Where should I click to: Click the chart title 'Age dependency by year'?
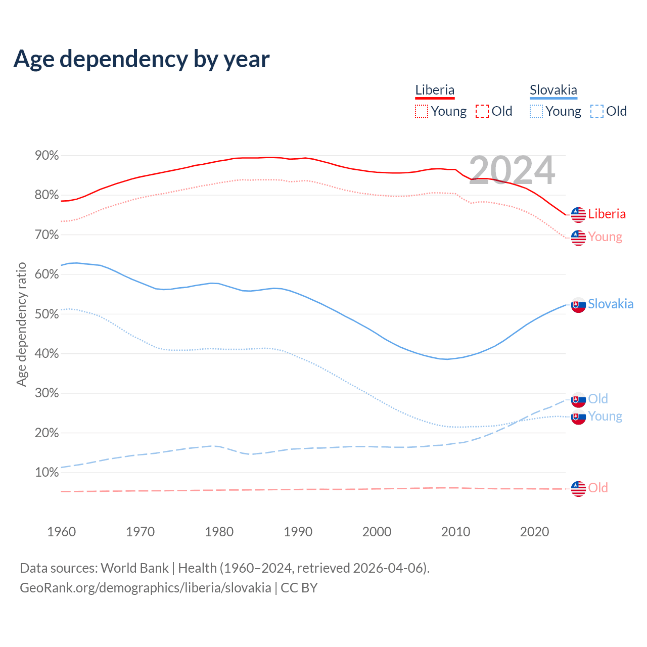[142, 59]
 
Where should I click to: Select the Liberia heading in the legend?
[435, 90]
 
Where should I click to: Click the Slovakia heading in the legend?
[553, 90]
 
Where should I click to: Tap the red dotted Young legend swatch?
[422, 111]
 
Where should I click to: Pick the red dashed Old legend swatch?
[482, 111]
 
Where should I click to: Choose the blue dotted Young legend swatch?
[536, 111]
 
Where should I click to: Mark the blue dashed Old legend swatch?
[597, 111]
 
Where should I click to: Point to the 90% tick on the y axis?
[47, 156]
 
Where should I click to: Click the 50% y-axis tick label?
[47, 314]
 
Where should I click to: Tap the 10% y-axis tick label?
[47, 473]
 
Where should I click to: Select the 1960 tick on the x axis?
[61, 532]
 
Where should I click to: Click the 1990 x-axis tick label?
[298, 532]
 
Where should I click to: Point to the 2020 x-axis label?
[534, 532]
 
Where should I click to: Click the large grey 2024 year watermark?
[512, 170]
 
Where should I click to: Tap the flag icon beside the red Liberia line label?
[578, 214]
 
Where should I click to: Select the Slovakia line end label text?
[611, 304]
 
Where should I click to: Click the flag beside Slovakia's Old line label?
[578, 399]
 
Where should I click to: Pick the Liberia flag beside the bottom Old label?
[578, 488]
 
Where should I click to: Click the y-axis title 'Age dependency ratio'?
[21, 324]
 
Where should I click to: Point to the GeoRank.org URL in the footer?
[146, 588]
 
